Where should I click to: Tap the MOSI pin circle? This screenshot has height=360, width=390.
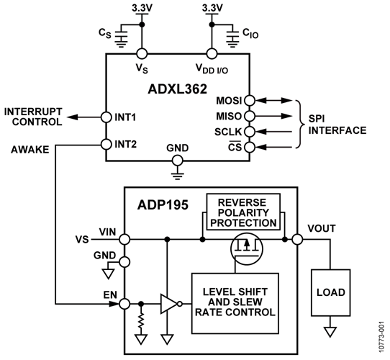click(249, 100)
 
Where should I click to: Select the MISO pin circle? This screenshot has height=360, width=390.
click(249, 116)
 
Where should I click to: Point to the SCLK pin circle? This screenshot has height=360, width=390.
click(249, 132)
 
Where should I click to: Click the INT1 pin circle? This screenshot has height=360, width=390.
click(107, 116)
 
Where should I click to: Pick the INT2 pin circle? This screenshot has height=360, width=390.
click(107, 143)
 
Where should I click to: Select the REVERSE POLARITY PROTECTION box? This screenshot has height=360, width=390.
click(242, 210)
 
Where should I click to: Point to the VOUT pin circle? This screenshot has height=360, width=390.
click(295, 239)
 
